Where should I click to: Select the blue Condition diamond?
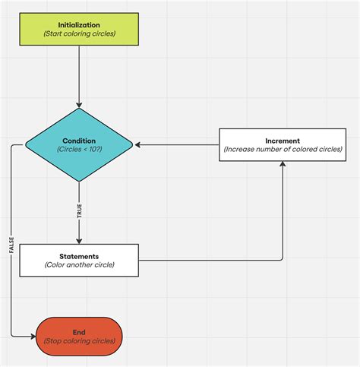coord(79,144)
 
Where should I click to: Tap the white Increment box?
coord(283,144)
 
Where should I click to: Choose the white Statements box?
coord(79,261)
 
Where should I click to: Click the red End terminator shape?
coord(79,336)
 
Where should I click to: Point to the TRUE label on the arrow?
coord(79,212)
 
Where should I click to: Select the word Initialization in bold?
coord(79,25)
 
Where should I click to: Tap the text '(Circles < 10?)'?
coord(79,150)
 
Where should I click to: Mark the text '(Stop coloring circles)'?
coord(79,341)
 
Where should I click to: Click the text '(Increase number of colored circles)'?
coord(283,150)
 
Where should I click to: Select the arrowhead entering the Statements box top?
coord(79,240)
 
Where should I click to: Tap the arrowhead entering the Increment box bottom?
coord(283,163)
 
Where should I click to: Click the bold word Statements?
coord(79,256)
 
